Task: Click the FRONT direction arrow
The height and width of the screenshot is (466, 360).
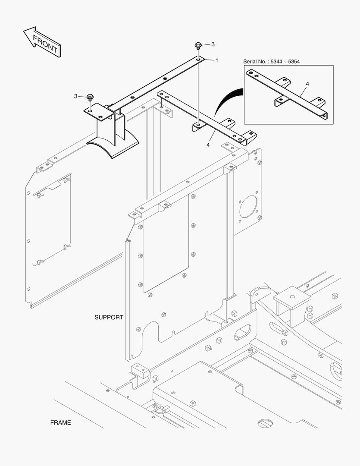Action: click(41, 42)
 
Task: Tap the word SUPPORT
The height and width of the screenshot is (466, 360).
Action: click(109, 317)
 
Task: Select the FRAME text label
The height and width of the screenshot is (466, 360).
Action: click(60, 422)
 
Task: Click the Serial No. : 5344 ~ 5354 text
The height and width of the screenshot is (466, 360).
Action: click(271, 62)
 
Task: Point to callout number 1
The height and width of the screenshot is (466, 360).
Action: click(216, 60)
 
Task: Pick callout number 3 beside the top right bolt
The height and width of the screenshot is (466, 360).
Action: click(213, 44)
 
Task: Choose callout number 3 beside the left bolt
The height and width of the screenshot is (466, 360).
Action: click(76, 96)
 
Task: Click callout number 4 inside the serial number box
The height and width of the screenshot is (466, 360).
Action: click(307, 83)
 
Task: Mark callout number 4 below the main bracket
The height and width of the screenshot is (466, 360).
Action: click(208, 145)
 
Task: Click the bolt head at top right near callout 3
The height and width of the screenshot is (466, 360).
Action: click(198, 45)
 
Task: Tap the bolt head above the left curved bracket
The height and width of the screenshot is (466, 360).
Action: click(90, 97)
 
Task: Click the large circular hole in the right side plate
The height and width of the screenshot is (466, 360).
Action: click(248, 206)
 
